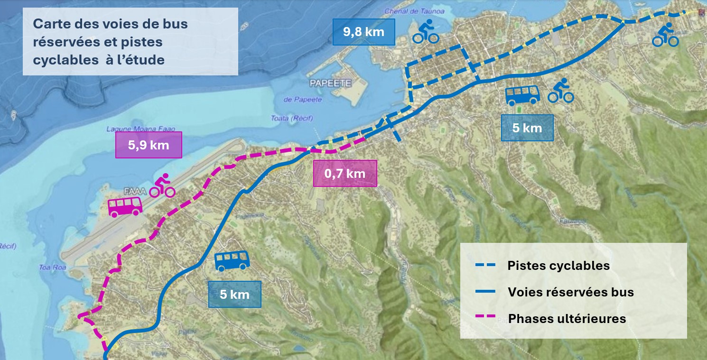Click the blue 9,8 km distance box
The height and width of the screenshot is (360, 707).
tap(363, 32)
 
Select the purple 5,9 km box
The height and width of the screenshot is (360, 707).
tap(149, 145)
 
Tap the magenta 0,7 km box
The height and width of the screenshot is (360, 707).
tap(345, 174)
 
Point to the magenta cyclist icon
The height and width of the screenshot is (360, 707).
tap(162, 185)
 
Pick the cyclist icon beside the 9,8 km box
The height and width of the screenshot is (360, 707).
tap(425, 31)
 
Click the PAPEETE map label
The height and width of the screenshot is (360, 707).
tap(330, 83)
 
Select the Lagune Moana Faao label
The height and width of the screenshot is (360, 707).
tap(134, 129)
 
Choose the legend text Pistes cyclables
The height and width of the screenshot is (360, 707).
tap(558, 266)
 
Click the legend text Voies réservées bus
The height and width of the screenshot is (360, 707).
tap(570, 292)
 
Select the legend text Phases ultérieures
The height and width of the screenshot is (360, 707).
tap(567, 318)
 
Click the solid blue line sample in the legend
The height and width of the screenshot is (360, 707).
tap(485, 291)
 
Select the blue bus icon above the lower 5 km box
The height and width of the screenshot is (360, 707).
tap(232, 261)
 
